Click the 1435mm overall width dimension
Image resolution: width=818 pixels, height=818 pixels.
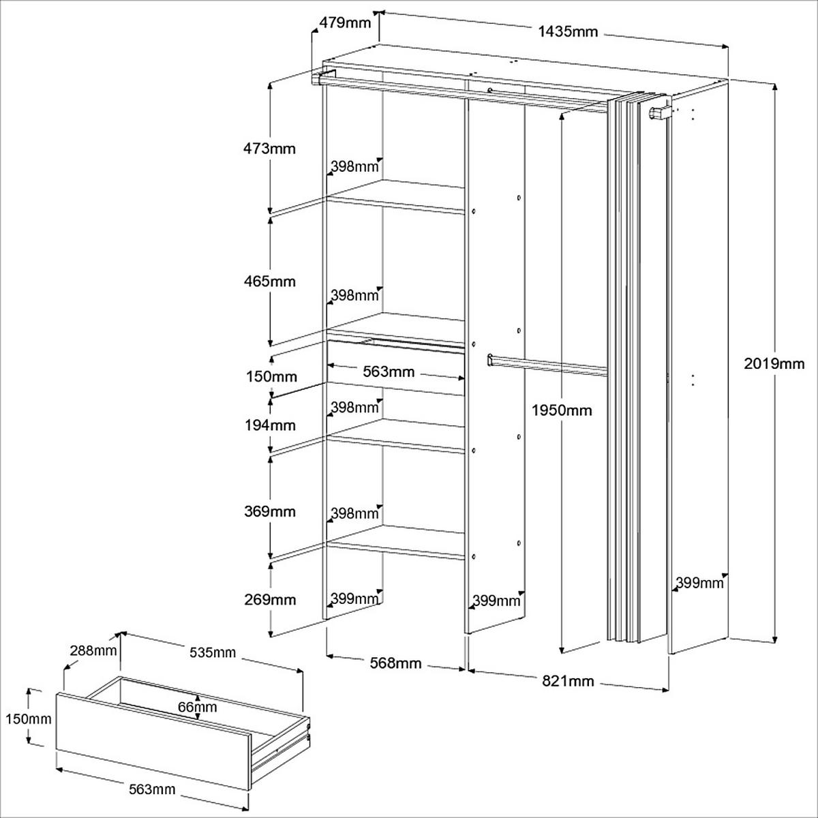coord(567,31)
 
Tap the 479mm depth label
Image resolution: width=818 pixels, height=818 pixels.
coord(344,22)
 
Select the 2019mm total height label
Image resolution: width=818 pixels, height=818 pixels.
coord(774,364)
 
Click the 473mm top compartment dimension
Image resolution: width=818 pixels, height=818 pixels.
coord(271,148)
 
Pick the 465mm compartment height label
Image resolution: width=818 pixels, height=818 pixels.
coord(271,281)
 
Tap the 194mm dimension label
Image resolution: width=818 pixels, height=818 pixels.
coord(271,425)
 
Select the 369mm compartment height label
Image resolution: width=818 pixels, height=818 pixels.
coord(271,511)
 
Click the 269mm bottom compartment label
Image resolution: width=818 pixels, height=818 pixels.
coord(271,600)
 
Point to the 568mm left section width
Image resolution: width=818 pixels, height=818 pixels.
coord(395,663)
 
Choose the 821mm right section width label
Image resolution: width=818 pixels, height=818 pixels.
coord(569,680)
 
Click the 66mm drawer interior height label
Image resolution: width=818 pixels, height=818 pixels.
coord(198,707)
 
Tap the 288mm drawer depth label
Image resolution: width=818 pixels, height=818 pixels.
coord(93,650)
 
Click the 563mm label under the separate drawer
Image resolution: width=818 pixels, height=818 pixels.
coord(152,789)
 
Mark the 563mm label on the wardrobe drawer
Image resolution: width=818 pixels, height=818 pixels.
coord(389,372)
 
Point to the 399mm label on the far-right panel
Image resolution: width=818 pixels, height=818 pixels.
coord(699,583)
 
